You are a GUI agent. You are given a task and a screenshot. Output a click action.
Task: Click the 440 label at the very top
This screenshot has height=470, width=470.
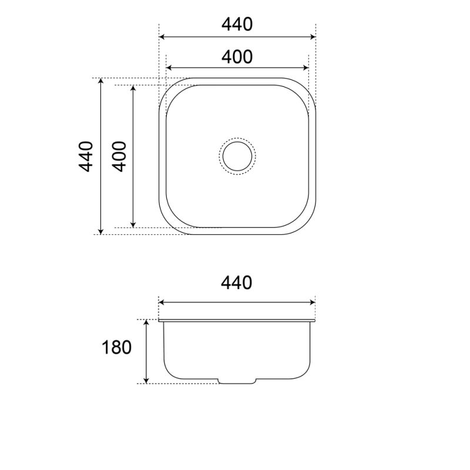pos(237,24)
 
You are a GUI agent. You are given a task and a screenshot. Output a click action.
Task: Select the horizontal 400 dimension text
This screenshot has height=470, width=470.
pos(237,57)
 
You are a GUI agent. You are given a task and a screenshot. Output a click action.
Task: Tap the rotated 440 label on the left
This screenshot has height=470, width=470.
pos(86,156)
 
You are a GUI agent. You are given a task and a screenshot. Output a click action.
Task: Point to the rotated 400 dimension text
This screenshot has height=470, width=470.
pos(119,156)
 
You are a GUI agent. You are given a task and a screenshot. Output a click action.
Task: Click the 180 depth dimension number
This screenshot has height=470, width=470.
pos(117,347)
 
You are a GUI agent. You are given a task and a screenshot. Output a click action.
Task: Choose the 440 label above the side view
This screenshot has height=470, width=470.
pos(237,283)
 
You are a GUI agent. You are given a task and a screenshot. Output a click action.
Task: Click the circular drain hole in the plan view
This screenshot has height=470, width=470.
pos(237,156)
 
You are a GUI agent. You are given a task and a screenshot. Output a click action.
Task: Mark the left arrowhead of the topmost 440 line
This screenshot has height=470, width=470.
pos(163,36)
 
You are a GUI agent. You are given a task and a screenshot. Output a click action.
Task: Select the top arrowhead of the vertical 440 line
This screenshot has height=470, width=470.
pos(101,82)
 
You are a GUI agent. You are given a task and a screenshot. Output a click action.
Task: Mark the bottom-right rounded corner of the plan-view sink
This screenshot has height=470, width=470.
pos(307,226)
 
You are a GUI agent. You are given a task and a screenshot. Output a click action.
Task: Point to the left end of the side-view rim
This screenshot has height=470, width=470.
pos(160,321)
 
